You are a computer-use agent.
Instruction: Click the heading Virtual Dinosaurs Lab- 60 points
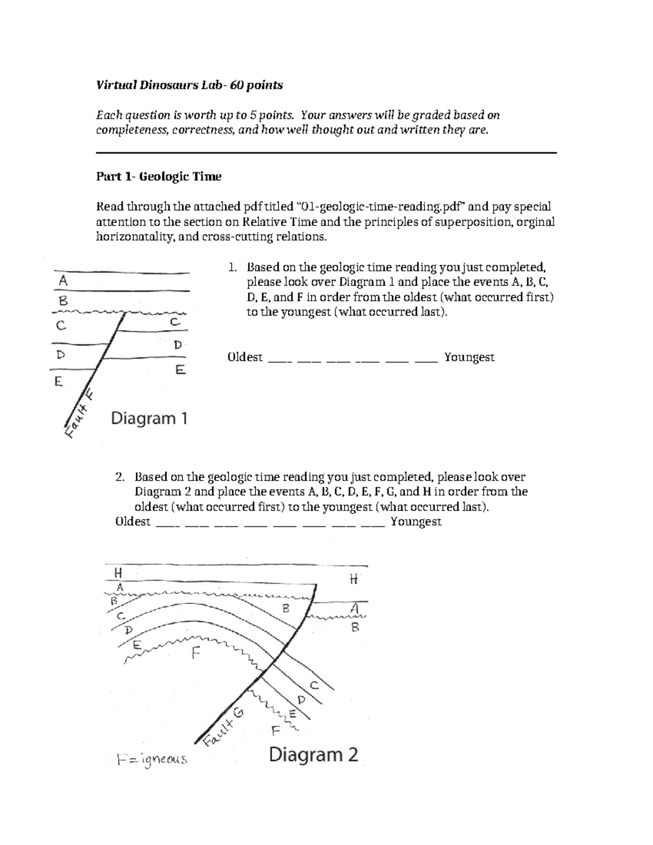pos(189,85)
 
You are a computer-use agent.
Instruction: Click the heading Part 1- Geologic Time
pos(158,176)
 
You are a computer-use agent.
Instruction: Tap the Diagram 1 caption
pos(149,418)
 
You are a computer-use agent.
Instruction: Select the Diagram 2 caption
pos(313,755)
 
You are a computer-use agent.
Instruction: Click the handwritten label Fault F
pos(78,414)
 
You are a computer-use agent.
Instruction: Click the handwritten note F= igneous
pos(152,759)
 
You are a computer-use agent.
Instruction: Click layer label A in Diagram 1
pos(63,281)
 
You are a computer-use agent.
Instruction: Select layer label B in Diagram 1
pos(63,300)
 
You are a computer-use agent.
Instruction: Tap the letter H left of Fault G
pos(118,572)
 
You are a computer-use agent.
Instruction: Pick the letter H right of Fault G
pos(353,579)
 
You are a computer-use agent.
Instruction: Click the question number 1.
pos(232,267)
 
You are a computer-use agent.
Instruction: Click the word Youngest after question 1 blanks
pos(469,357)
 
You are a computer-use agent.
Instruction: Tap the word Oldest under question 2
pos(133,521)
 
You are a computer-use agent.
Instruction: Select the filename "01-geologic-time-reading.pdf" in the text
pos(381,207)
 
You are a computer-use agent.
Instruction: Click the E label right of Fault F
pos(180,370)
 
